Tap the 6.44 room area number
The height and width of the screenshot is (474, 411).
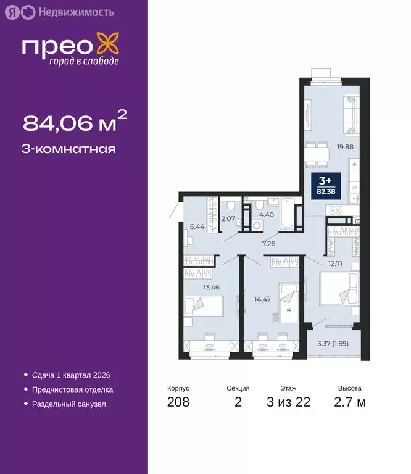click(197, 227)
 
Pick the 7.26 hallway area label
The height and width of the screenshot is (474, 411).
click(268, 244)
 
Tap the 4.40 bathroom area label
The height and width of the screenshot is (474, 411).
click(267, 214)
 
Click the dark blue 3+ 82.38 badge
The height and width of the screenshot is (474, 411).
click(325, 183)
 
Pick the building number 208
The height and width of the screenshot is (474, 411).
click(178, 403)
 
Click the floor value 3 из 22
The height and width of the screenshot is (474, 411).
click(288, 403)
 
